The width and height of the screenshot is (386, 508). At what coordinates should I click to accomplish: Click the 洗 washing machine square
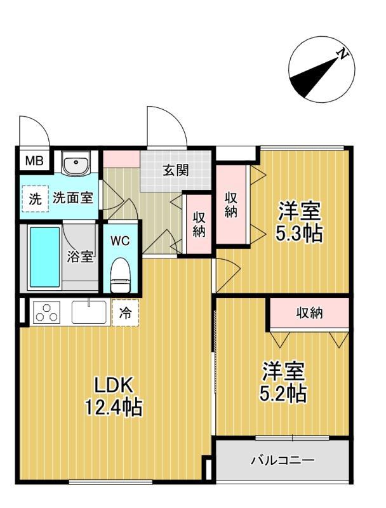coord(35,198)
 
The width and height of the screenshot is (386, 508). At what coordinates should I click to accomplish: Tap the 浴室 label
coord(81,257)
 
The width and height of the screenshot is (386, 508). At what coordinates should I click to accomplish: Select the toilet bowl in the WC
coord(119,274)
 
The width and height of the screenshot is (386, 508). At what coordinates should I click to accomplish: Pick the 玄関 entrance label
coord(175,170)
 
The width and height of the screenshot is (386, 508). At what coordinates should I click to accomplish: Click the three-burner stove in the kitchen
coord(46,312)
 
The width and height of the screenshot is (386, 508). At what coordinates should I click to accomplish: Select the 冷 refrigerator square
coord(124,312)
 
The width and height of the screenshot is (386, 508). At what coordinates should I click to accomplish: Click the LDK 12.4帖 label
coord(114,395)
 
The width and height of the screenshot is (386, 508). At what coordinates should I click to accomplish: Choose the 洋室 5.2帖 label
coord(284,382)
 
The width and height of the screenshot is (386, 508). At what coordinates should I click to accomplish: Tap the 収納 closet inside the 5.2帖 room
coord(309,312)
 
